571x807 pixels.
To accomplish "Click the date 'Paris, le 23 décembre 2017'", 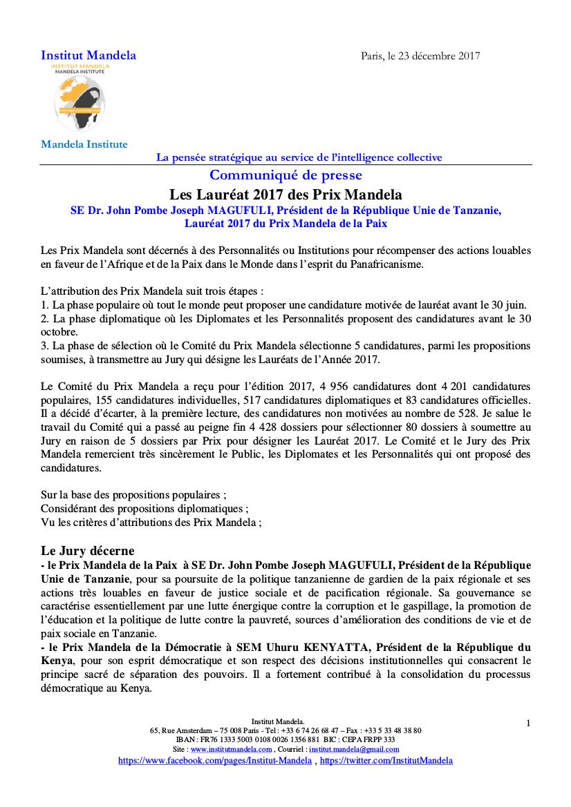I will click(420, 56).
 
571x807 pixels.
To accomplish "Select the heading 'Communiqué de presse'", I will click(285, 175).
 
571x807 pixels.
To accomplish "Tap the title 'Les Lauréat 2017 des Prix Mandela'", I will click(285, 194).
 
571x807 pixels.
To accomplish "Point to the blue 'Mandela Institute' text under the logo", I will click(84, 144).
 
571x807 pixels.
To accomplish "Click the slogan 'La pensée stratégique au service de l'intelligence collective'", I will click(299, 157).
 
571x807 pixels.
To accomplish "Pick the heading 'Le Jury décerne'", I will click(87, 551).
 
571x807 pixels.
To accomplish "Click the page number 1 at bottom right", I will click(528, 723).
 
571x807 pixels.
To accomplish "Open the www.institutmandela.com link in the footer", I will click(232, 749).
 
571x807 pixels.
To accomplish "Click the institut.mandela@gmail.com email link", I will click(354, 749).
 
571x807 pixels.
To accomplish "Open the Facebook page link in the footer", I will click(214, 760).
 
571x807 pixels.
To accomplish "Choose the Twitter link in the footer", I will click(386, 760).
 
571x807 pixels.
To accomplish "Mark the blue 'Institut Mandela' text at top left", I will click(88, 55).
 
